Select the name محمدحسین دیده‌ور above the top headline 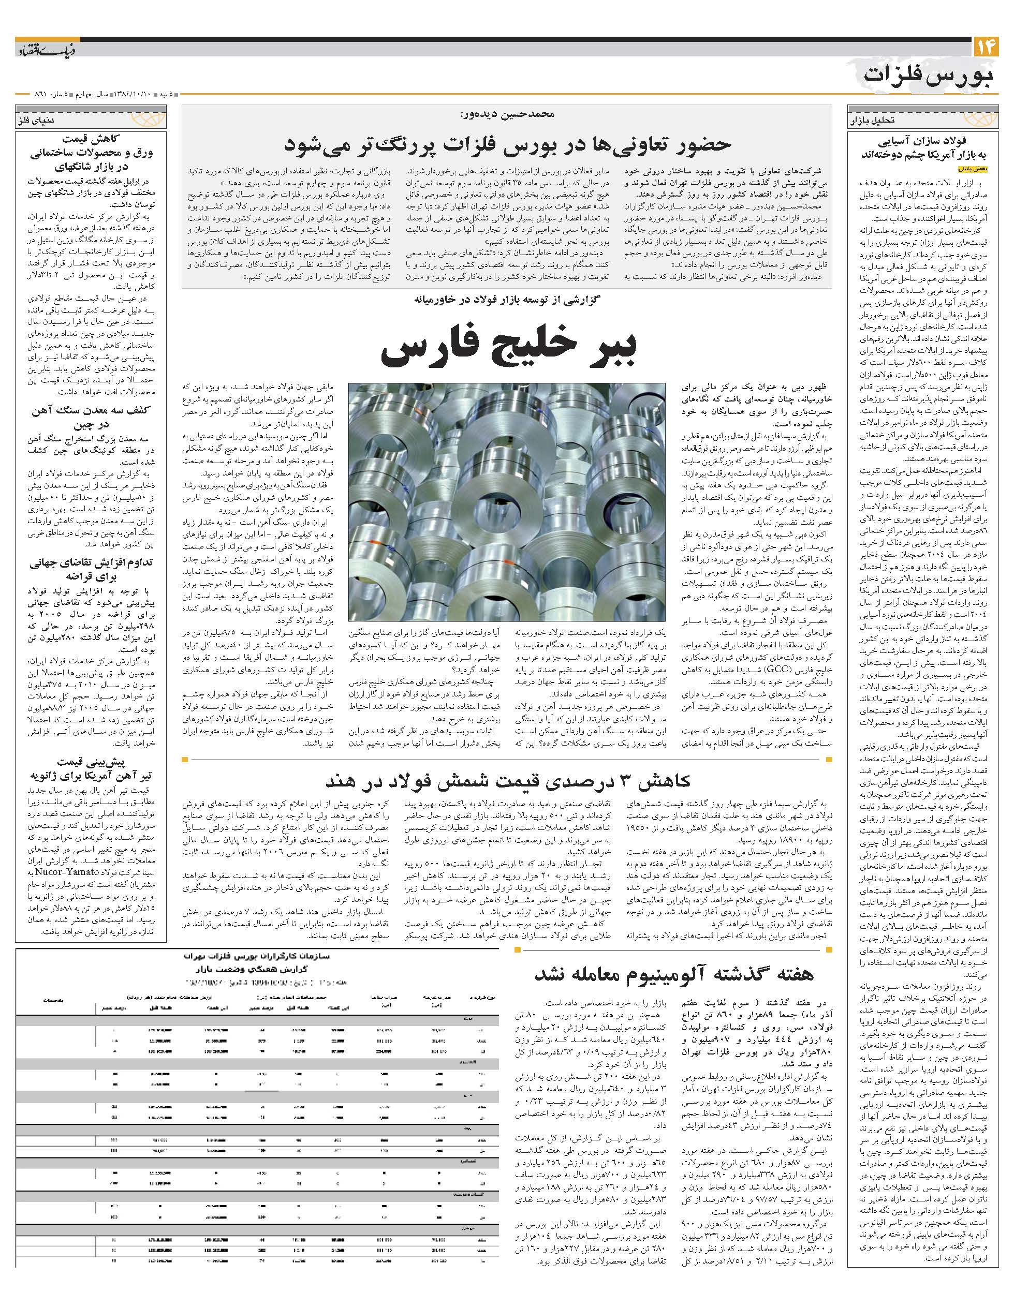(x=508, y=114)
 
